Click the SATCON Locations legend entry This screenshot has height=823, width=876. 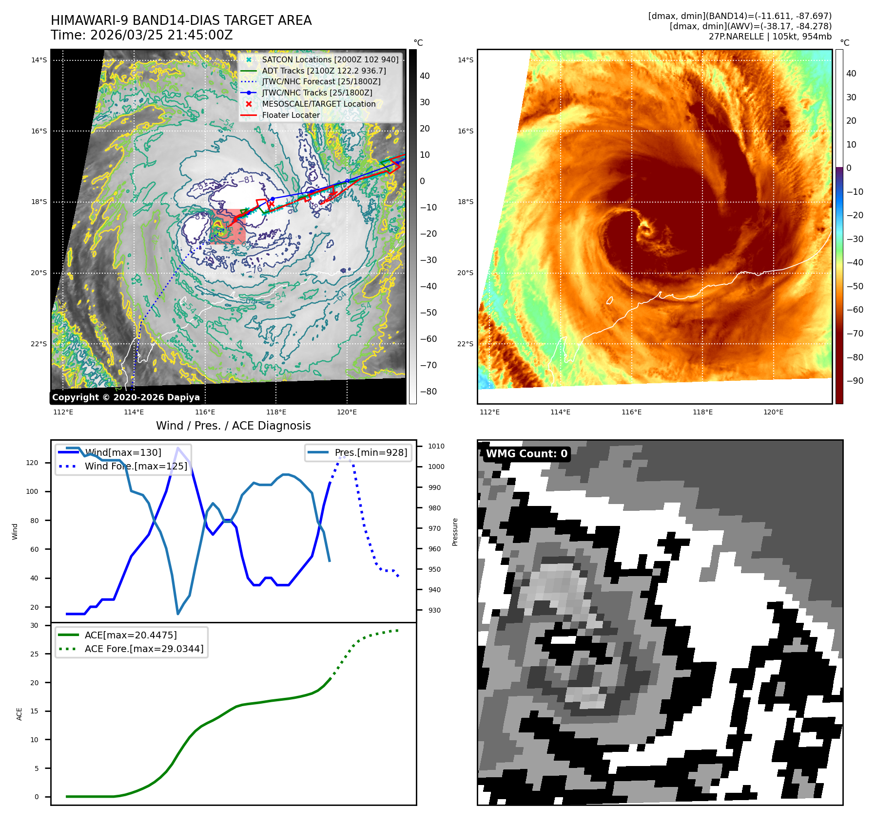330,59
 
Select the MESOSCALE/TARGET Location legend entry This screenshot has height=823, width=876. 318,104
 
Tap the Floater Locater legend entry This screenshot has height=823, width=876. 291,115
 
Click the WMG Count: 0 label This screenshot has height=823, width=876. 526,453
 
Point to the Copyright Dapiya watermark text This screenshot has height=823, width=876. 126,397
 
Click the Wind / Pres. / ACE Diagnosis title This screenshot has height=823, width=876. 233,426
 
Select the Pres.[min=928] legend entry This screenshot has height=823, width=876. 370,452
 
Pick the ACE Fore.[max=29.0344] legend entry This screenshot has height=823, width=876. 144,649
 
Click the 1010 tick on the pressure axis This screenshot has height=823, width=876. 436,446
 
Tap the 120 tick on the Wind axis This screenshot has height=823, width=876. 32,463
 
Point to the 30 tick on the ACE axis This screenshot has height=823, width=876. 34,625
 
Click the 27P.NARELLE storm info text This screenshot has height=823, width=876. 770,37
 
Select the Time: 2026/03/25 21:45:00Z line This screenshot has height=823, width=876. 142,35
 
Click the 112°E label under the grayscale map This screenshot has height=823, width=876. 63,412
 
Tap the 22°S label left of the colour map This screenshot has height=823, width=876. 465,344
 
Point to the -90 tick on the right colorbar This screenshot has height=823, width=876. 855,381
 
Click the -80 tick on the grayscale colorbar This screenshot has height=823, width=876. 428,392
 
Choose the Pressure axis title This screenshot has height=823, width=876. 455,532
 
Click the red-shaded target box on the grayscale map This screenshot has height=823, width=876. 228,226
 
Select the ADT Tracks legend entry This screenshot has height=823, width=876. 324,71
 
